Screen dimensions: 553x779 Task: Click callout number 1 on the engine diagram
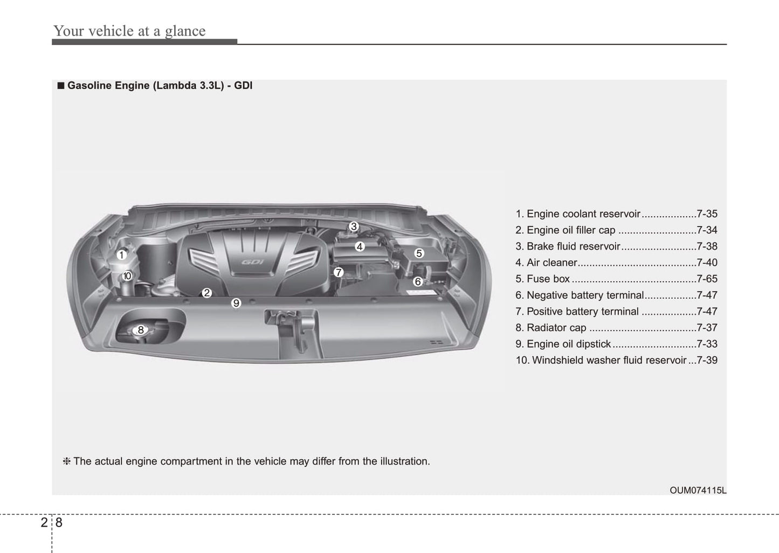click(x=122, y=255)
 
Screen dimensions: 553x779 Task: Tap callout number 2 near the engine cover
click(x=206, y=293)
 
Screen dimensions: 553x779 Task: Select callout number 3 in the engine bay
click(x=354, y=226)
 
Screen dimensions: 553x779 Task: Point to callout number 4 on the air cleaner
click(x=360, y=246)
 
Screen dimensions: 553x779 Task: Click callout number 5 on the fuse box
click(x=419, y=253)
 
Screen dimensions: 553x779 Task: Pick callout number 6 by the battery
click(x=417, y=281)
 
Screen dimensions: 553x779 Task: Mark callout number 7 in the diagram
click(x=338, y=272)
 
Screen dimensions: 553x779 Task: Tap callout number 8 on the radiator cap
click(x=141, y=330)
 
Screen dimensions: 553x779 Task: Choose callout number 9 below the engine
click(x=236, y=303)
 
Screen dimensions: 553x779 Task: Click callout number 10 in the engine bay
click(x=127, y=276)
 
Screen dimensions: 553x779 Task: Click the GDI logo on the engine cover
click(x=252, y=262)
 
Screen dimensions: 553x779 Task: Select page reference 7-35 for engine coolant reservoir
click(x=707, y=214)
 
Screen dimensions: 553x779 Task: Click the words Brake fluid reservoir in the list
click(x=573, y=246)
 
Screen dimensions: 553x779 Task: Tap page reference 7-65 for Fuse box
click(x=707, y=279)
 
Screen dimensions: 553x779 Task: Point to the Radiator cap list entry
click(x=556, y=328)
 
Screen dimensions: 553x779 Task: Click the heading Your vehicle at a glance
click(x=129, y=31)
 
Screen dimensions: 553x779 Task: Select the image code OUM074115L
click(x=698, y=490)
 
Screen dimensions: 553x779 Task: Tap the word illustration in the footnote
click(x=404, y=461)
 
